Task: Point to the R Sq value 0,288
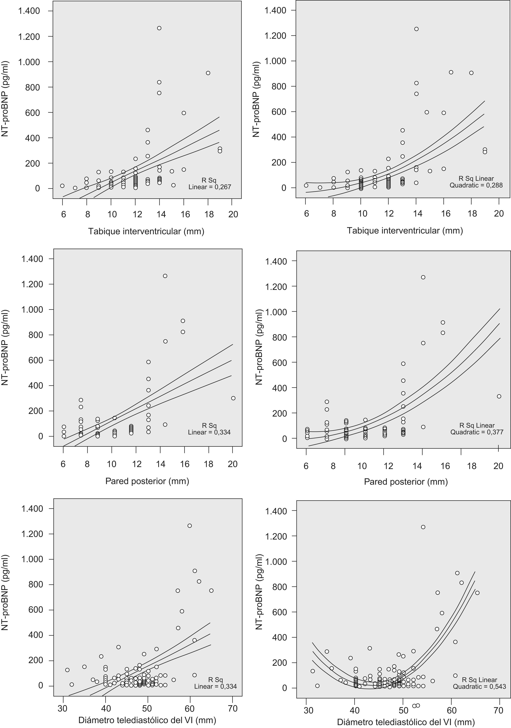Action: coord(493,185)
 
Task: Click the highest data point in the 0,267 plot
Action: coord(159,28)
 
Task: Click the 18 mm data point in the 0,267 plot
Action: coord(208,73)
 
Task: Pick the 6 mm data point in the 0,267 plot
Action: coord(62,186)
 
